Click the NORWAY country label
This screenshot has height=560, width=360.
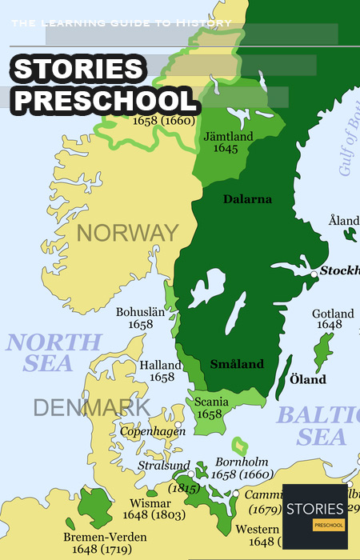pyautogui.click(x=127, y=233)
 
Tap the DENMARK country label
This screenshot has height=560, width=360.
pyautogui.click(x=91, y=407)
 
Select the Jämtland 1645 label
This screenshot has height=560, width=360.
pyautogui.click(x=229, y=142)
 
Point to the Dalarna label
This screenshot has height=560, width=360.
pyautogui.click(x=249, y=199)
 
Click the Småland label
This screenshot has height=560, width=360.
pyautogui.click(x=237, y=364)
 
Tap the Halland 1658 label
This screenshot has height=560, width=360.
pyautogui.click(x=162, y=371)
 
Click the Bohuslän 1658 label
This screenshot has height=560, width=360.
pyautogui.click(x=141, y=319)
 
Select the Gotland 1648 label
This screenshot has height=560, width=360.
pyautogui.click(x=333, y=319)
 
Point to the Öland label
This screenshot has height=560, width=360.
pyautogui.click(x=307, y=379)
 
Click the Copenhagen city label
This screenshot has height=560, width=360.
pyautogui.click(x=153, y=431)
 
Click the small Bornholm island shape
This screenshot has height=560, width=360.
pyautogui.click(x=239, y=446)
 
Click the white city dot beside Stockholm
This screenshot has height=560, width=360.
pyautogui.click(x=314, y=274)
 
